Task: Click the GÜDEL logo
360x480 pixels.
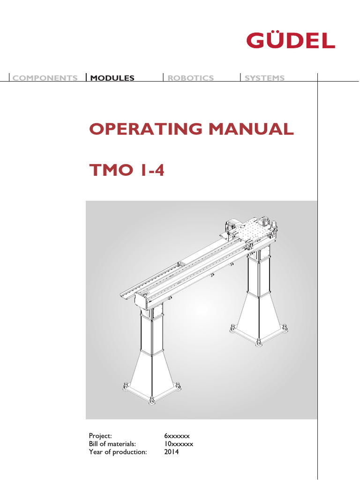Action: coord(291,40)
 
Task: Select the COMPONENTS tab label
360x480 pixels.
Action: coord(45,78)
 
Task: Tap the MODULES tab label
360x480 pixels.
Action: coord(112,78)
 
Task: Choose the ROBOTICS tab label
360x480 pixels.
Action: coord(191,78)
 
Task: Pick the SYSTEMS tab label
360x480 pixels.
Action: coord(264,78)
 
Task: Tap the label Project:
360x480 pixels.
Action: coord(100,435)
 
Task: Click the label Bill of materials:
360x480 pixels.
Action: coord(112,444)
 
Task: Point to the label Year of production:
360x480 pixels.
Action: coord(118,452)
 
